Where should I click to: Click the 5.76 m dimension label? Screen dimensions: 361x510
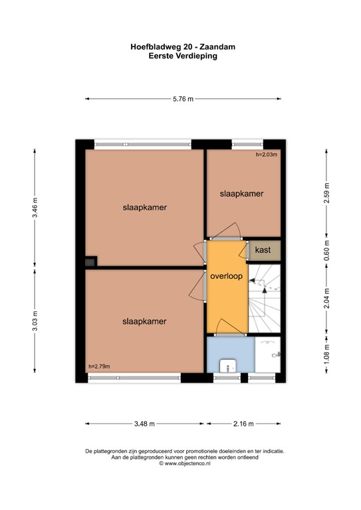tap(183, 99)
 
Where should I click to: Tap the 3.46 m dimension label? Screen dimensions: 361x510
tap(35, 208)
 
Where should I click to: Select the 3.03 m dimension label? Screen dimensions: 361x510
tap(35, 321)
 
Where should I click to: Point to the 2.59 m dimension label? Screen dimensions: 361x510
tap(327, 193)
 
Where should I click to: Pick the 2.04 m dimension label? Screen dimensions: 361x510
tap(327, 298)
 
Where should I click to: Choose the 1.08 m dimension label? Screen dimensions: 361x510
tap(327, 354)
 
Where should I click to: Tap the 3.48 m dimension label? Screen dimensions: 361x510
tap(144, 424)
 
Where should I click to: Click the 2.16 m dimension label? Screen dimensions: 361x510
tap(243, 424)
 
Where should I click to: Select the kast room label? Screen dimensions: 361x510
tap(263, 250)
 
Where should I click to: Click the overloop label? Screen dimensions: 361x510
tap(227, 276)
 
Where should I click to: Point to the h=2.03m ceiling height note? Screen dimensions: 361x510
tap(267, 155)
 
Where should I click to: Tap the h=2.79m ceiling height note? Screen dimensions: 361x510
tap(99, 367)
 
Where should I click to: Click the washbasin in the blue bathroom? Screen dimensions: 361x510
tap(228, 365)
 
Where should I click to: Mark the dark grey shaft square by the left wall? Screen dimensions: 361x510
tap(90, 262)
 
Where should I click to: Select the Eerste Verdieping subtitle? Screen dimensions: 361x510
tap(183, 56)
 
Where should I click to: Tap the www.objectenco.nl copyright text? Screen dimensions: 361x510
tap(185, 464)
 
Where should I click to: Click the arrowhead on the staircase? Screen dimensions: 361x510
tap(265, 290)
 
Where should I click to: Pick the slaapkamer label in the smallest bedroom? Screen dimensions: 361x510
tap(241, 194)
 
